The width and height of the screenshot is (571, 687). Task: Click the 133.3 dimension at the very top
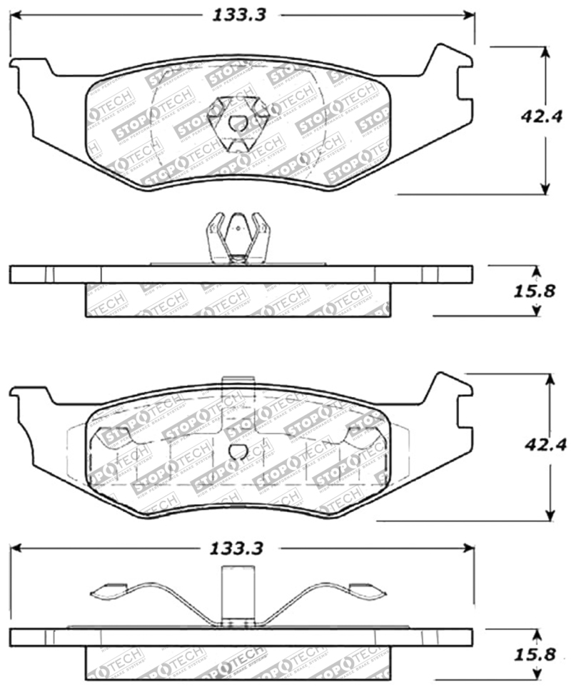click(238, 15)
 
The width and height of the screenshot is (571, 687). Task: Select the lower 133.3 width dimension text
click(238, 548)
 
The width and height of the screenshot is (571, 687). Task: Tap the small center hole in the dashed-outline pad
click(238, 451)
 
